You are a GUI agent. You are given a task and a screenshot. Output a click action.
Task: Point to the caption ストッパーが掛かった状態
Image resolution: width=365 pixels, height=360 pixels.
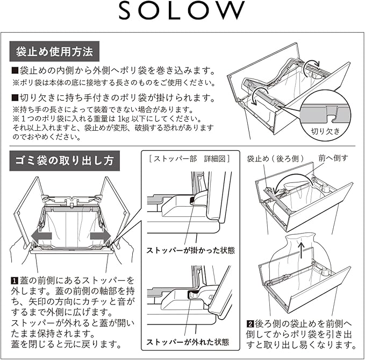pyautogui.click(x=190, y=250)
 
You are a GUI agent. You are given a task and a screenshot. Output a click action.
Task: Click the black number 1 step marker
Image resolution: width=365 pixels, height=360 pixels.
pyautogui.click(x=15, y=281)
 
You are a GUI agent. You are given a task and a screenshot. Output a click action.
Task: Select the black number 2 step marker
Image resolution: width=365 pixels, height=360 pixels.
pyautogui.click(x=250, y=324)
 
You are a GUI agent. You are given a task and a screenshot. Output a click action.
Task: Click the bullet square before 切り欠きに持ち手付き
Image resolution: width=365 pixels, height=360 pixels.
pyautogui.click(x=15, y=99)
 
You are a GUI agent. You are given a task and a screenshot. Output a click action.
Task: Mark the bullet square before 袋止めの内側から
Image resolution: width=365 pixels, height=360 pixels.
pyautogui.click(x=15, y=72)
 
